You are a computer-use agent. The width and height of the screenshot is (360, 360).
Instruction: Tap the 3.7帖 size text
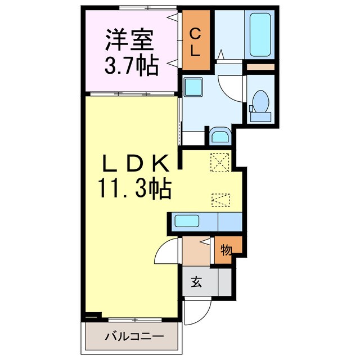[x=130, y=65]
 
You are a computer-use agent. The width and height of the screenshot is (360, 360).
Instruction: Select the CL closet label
[x=194, y=42]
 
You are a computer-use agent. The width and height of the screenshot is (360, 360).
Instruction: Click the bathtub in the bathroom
[x=259, y=35]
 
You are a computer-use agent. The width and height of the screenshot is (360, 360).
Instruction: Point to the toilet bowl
[x=260, y=105]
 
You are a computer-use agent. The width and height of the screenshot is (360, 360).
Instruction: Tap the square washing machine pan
[x=194, y=87]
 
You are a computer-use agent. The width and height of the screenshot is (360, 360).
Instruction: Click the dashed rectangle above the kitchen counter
[x=220, y=200]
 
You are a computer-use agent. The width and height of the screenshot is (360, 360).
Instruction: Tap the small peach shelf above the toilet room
[x=260, y=67]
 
